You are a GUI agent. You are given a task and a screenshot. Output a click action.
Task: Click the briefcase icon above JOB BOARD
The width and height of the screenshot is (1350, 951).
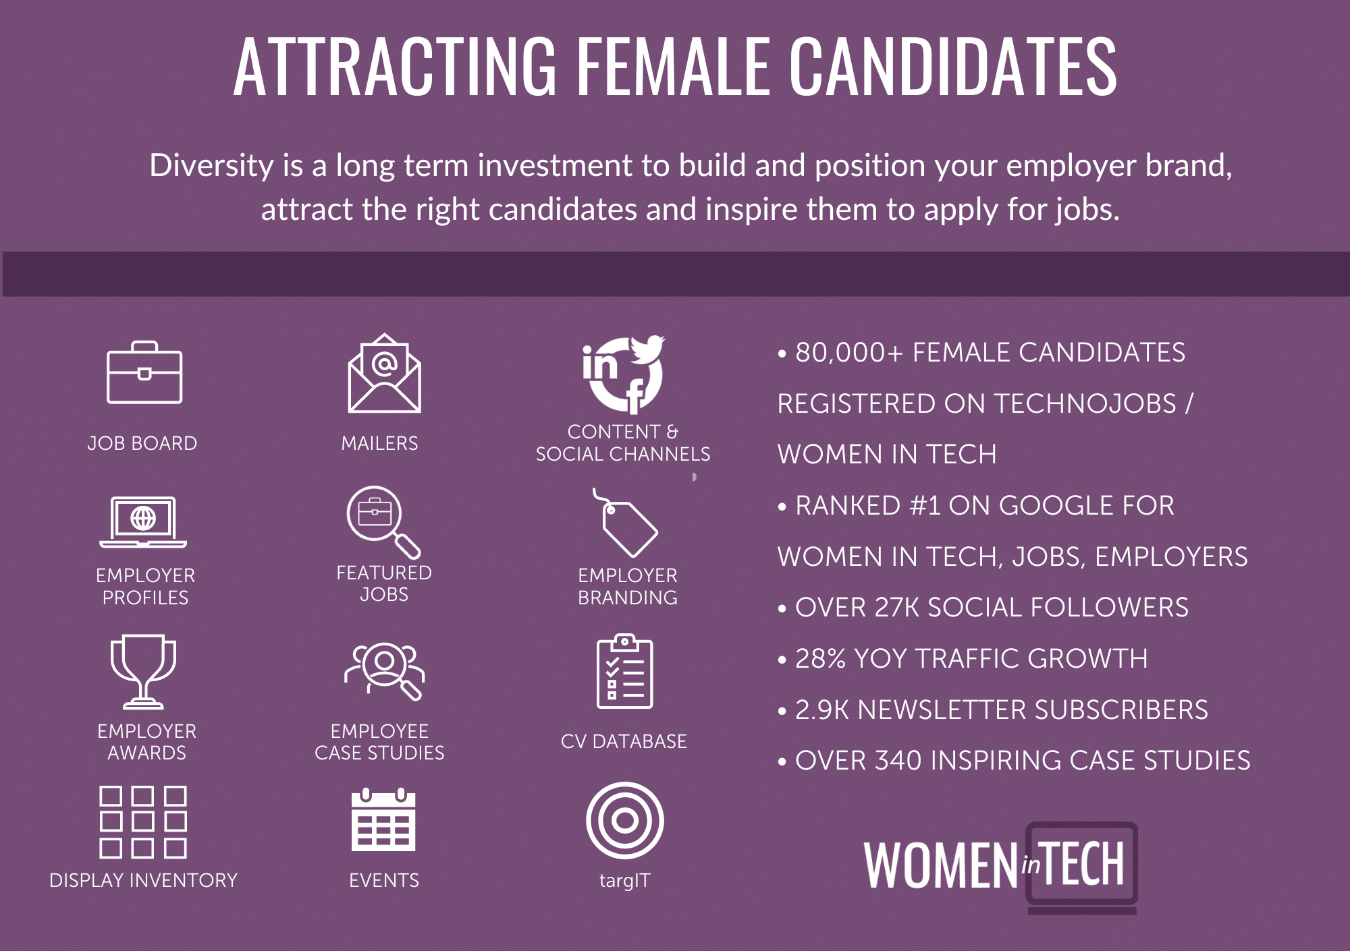click(x=144, y=372)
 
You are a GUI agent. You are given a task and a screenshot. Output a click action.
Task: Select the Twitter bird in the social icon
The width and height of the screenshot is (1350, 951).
click(x=647, y=349)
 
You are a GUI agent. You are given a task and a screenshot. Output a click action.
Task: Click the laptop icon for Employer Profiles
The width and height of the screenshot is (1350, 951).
click(x=143, y=523)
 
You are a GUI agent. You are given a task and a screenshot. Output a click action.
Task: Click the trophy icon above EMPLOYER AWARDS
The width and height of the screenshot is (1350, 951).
click(x=143, y=672)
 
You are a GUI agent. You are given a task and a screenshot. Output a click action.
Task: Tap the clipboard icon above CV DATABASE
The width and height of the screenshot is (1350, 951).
click(x=624, y=671)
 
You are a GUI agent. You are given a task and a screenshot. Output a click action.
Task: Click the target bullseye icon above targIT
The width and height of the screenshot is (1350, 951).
click(x=624, y=821)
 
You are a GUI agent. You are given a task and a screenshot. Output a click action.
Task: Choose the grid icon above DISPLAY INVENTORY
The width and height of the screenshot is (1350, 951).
click(x=143, y=822)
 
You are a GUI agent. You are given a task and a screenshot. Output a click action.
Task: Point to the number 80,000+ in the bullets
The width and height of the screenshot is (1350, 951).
click(x=849, y=353)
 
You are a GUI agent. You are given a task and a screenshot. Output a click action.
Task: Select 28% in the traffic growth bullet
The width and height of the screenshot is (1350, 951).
click(x=820, y=658)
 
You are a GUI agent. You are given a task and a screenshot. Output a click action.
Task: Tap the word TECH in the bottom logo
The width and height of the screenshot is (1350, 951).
click(x=1083, y=864)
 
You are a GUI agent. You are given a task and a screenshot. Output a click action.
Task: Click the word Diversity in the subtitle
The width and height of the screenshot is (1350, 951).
click(x=211, y=166)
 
